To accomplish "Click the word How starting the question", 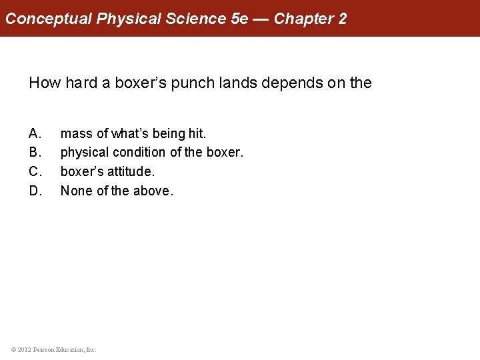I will (x=44, y=83).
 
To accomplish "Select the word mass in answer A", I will (x=77, y=134).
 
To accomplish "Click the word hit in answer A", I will (x=197, y=134).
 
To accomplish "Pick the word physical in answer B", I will (x=83, y=153).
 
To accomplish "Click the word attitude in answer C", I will (x=131, y=171).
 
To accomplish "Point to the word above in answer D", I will (x=153, y=191).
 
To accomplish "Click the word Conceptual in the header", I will (x=49, y=18).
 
